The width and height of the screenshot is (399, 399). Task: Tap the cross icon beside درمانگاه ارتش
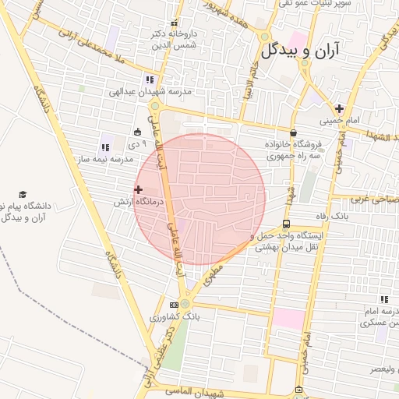pyautogui.click(x=139, y=189)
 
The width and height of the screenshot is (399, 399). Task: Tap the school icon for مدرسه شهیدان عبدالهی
pyautogui.click(x=150, y=79)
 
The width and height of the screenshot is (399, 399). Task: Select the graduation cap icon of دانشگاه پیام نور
pyautogui.click(x=23, y=194)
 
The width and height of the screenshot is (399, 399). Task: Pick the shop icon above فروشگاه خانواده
pyautogui.click(x=293, y=133)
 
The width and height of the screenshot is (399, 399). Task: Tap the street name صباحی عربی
pyautogui.click(x=366, y=199)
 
